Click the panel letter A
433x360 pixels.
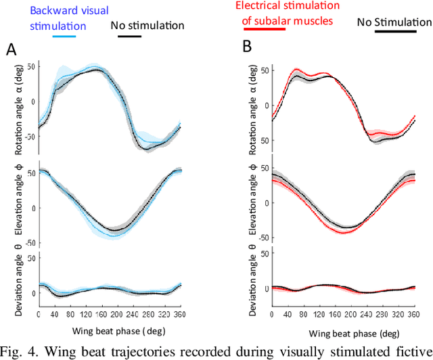click(x=11, y=49)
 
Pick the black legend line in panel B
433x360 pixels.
click(x=396, y=32)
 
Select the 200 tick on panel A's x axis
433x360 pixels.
click(x=137, y=315)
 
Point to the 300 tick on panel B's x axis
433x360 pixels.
click(x=393, y=315)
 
